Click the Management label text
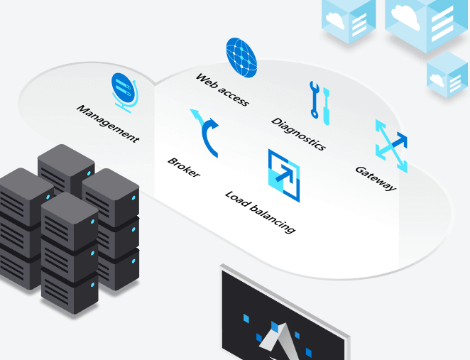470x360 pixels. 108,124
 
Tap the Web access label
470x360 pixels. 222,89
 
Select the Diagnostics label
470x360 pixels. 298,133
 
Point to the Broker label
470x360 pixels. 184,167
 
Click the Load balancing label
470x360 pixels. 260,212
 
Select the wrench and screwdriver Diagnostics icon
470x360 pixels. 317,99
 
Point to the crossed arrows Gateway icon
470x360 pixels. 391,146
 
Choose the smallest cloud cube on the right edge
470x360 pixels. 447,75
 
